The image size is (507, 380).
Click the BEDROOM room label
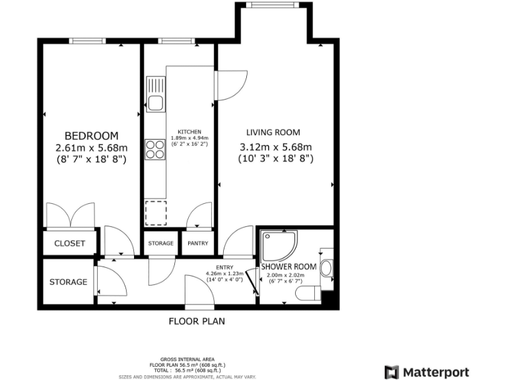[91, 135]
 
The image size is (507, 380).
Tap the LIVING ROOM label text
[273, 132]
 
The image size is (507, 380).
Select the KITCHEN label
[189, 131]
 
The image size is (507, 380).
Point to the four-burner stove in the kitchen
[155, 149]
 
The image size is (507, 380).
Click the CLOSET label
[70, 243]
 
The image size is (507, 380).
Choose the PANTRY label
[198, 243]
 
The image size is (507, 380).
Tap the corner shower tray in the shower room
[277, 245]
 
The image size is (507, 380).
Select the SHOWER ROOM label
[290, 267]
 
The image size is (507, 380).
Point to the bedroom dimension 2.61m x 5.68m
[91, 148]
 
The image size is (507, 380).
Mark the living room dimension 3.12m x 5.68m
[275, 147]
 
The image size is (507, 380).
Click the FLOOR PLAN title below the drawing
[197, 322]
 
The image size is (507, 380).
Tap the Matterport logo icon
[392, 371]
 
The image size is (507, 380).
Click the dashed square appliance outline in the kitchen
[156, 212]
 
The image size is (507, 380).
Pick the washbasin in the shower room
[327, 269]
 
